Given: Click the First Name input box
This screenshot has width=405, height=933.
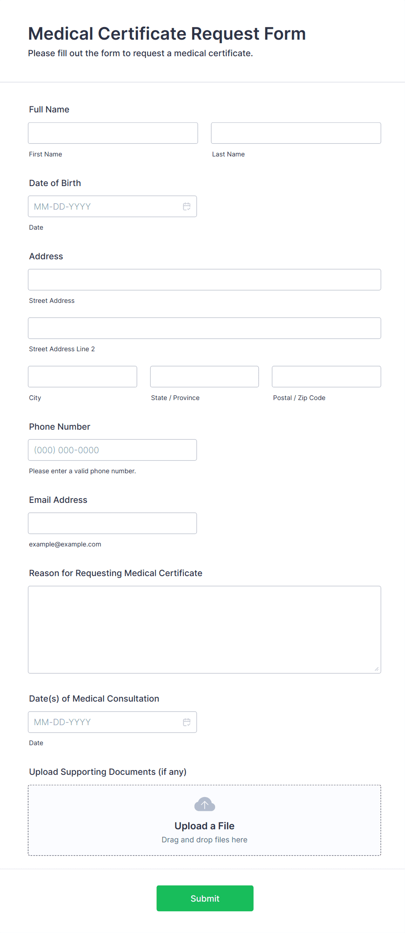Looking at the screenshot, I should pos(113,133).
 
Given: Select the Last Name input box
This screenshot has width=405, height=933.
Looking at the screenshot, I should pos(296,133).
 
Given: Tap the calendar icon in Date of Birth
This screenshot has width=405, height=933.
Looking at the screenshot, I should pos(187,207).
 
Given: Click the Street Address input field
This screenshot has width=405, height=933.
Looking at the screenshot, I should pos(204,280).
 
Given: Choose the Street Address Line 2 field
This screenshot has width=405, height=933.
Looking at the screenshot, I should pos(204,328).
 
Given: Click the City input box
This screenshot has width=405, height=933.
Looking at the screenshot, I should pos(82,377).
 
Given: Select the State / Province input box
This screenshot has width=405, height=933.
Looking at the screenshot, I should pos(204,377).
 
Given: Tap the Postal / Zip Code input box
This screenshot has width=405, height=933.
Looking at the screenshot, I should pos(326,377).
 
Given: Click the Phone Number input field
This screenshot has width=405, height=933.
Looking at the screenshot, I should pos(112,450).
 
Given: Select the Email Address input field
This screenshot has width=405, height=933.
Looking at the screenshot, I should pos(112,523).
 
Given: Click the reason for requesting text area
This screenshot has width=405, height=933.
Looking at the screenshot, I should pos(204,629).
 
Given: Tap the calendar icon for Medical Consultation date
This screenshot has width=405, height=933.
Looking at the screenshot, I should pos(187,722).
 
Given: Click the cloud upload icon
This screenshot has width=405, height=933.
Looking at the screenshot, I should pos(205,804).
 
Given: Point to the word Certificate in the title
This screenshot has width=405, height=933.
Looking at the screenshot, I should pos(142,34).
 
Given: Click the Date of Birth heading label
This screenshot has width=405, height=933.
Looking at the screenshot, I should pos(55,183).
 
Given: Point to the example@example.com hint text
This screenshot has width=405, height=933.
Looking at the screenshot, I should pos(65,544).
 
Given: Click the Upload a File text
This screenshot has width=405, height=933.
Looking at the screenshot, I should pos(204,826).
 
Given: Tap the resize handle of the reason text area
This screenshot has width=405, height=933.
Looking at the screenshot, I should pos(377,669).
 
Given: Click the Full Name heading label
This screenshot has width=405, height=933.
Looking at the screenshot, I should pos(49,109).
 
